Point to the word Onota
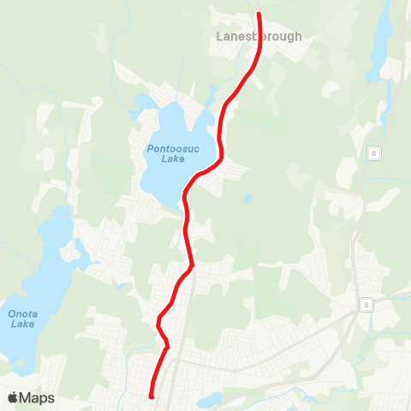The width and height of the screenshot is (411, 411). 22,313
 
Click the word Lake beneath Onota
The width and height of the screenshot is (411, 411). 22,325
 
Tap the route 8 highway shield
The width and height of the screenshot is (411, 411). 375,152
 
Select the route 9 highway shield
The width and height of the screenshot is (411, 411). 366,304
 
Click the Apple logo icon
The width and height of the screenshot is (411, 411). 13,397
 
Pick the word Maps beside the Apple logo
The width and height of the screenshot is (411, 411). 38,398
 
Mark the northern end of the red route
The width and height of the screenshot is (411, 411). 259,14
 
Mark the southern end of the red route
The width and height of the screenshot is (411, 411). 151,396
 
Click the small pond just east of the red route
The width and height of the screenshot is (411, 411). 247,199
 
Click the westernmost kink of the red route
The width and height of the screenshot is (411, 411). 158,323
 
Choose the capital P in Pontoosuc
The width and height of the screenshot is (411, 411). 149,148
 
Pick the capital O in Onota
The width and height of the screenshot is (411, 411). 11,313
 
